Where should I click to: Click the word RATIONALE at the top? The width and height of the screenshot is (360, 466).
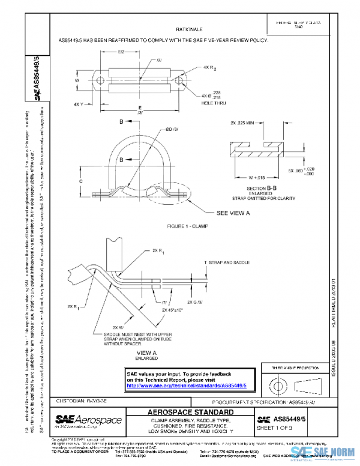coord(189,29)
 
